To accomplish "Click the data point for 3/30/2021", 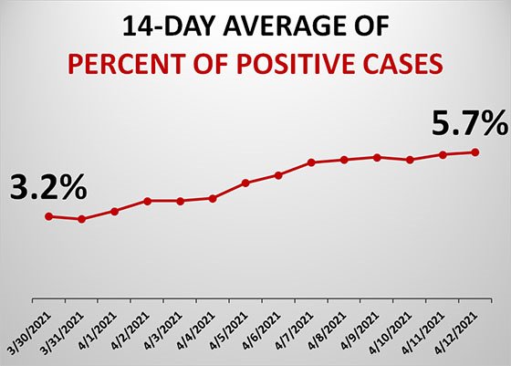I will (x=49, y=216).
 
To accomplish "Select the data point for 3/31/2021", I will (x=82, y=219).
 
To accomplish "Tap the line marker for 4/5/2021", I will (x=245, y=183).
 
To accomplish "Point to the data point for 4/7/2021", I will (x=311, y=162).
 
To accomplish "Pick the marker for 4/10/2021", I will (x=410, y=160).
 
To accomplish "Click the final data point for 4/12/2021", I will (x=475, y=152).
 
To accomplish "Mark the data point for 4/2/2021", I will (x=148, y=201).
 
